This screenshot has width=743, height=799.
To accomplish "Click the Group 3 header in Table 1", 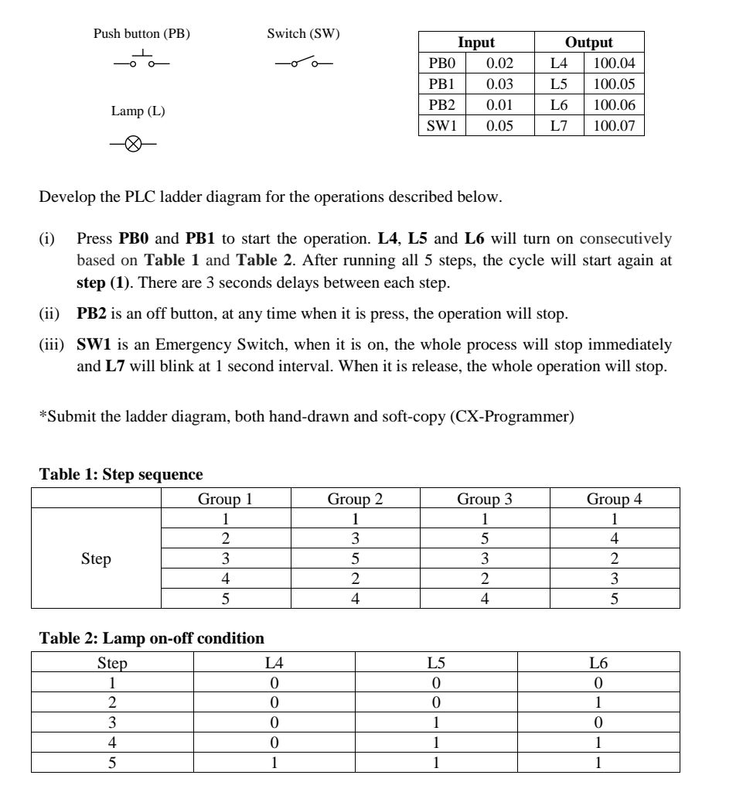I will [x=484, y=499].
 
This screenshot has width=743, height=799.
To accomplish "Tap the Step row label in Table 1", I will [x=96, y=558].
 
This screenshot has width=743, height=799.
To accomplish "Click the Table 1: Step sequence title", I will [x=121, y=474].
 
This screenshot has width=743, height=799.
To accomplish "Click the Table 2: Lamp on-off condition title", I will [x=152, y=639].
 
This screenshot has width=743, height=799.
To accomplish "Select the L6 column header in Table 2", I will [x=598, y=663].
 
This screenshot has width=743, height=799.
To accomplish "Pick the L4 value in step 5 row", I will [x=274, y=762].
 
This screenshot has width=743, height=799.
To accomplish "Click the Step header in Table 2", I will [x=112, y=663].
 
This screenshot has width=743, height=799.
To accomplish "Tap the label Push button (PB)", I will [x=141, y=33].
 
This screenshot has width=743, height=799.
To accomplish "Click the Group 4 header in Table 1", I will [x=615, y=499].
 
